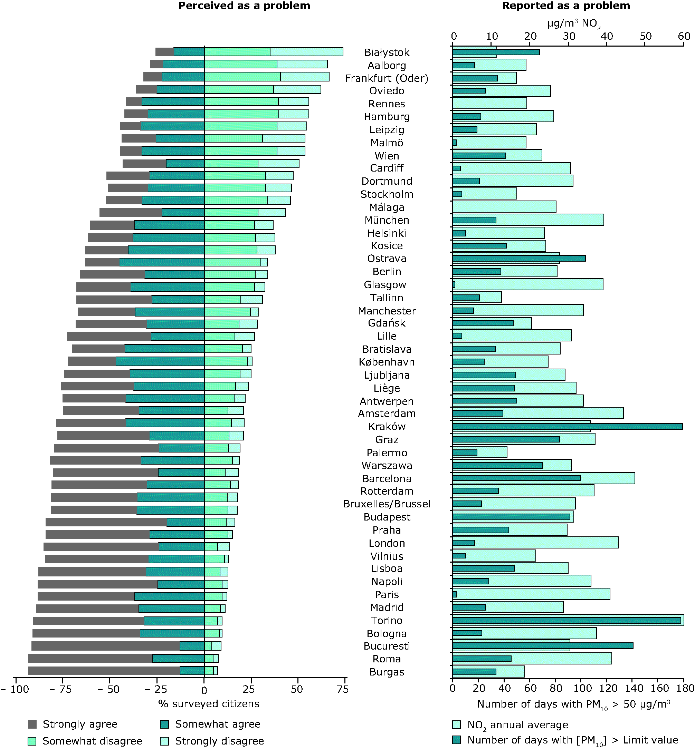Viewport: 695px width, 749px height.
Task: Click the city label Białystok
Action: pyautogui.click(x=387, y=52)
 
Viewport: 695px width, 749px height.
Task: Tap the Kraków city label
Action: pyautogui.click(x=387, y=427)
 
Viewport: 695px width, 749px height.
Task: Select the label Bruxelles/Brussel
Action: pyautogui.click(x=387, y=504)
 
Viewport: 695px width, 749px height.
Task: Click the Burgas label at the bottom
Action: pyautogui.click(x=387, y=672)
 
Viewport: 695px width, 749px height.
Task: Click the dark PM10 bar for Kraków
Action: pyautogui.click(x=567, y=426)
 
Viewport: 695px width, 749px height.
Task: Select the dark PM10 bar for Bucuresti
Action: pyautogui.click(x=542, y=646)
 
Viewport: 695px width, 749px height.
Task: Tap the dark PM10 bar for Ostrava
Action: pyautogui.click(x=518, y=258)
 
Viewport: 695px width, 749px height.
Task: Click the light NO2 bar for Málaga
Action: pyautogui.click(x=504, y=207)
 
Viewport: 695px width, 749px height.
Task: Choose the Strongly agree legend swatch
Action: pyautogui.click(x=32, y=724)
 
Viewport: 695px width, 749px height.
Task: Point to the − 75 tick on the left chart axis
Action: pyautogui.click(x=58, y=689)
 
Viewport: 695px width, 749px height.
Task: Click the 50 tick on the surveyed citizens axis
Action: pyautogui.click(x=297, y=689)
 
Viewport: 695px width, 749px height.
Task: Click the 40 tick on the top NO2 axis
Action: pyautogui.click(x=607, y=37)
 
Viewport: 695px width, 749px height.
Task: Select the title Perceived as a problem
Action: pyautogui.click(x=244, y=6)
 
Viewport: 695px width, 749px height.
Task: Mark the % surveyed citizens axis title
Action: pyautogui.click(x=209, y=703)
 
